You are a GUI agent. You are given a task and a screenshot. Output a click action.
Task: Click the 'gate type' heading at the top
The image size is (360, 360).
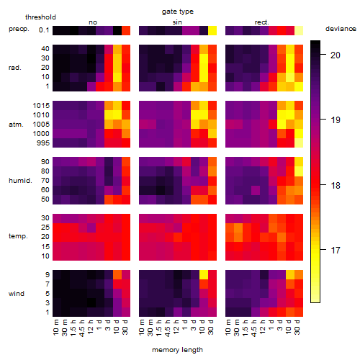coord(178,12)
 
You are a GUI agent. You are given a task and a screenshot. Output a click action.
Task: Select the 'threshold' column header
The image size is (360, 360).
coord(40,17)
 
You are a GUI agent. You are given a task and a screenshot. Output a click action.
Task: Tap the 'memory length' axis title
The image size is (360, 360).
coord(177,350)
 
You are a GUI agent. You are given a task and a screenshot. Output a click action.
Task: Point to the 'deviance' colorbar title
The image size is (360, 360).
coord(341,29)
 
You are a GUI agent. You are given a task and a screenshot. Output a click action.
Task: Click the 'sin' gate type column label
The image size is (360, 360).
coord(177,22)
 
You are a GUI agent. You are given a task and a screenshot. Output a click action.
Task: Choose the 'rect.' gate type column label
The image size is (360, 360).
coord(262,22)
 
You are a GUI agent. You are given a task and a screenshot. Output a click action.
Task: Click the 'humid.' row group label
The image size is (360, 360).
coord(20,181)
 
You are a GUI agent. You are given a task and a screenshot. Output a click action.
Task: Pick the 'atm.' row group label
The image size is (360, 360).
coord(16,125)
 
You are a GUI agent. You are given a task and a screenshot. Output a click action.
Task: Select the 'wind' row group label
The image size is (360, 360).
coord(17,294)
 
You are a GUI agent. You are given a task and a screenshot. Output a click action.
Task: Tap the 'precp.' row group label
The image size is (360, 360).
coord(19,29)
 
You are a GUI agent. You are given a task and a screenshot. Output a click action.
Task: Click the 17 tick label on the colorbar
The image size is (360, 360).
coord(336,251)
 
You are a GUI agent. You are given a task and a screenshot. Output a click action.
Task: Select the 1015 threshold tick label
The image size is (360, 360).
coord(41,106)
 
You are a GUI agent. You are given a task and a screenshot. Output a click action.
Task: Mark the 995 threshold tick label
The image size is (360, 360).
coord(43,143)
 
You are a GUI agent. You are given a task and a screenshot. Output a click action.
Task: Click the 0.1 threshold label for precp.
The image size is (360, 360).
coord(44,30)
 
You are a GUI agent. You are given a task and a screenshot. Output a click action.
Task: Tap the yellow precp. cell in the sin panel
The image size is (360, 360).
coord(212,30)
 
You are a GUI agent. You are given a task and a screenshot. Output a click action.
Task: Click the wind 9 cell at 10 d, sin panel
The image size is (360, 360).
coord(204,274)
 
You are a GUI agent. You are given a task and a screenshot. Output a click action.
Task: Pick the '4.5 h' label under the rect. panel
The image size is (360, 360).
coord(253,328)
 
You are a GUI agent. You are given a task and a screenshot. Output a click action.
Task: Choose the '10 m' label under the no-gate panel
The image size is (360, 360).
coord(55,328)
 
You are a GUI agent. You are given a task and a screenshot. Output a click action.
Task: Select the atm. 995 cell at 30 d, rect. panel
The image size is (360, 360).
coord(299,143)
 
